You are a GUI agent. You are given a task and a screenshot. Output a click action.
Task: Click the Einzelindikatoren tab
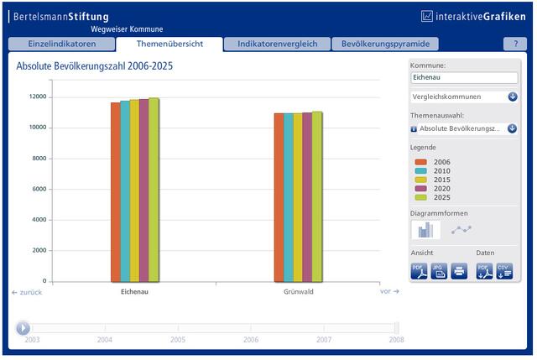61,44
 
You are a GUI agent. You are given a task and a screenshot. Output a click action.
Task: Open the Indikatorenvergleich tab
277,44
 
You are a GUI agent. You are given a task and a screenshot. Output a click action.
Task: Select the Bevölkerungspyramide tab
385,44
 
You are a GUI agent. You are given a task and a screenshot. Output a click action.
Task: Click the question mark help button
515,44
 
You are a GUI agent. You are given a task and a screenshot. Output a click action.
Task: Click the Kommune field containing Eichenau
464,77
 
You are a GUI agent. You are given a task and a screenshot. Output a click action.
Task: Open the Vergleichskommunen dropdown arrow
513,97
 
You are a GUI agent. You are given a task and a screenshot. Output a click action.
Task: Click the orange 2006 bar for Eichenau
116,192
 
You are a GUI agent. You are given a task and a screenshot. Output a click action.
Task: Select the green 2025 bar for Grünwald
317,197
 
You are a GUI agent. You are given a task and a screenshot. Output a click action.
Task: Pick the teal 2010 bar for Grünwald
289,198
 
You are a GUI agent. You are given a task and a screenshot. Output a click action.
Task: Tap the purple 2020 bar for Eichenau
143,190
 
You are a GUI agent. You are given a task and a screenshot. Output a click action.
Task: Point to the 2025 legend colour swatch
421,198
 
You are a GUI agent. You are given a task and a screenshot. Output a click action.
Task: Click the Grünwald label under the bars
299,292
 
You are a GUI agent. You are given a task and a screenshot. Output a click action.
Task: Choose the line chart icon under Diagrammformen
461,229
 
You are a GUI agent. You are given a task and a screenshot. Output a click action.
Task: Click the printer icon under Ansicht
459,271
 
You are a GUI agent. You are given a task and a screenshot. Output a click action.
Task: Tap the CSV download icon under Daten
504,271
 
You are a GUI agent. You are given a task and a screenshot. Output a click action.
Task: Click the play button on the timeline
23,328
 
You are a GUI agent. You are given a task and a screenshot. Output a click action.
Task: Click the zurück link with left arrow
27,292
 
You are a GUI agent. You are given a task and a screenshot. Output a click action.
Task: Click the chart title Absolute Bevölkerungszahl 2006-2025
95,65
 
